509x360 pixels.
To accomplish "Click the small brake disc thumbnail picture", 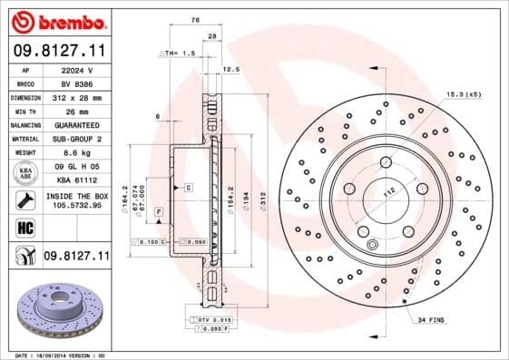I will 55,313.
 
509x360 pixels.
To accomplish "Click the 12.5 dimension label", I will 230,68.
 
